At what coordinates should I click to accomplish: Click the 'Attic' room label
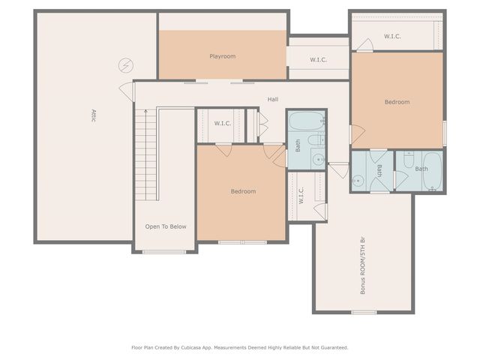(94, 115)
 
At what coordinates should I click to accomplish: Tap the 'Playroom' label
(222, 56)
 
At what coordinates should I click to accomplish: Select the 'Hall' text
(273, 99)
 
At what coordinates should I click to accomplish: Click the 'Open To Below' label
(166, 226)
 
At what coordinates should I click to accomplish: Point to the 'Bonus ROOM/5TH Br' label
(363, 266)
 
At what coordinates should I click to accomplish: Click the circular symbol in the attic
(124, 65)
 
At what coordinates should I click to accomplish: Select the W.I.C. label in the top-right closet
(392, 36)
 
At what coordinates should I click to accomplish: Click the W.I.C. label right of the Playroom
(318, 59)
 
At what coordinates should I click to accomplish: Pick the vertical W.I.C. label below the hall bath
(301, 196)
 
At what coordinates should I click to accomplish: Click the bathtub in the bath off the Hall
(307, 120)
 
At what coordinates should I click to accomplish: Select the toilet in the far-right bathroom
(409, 160)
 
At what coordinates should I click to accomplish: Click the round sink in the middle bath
(358, 180)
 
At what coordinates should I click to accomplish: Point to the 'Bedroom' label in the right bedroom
(397, 102)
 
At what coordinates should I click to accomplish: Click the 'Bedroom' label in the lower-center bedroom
(242, 191)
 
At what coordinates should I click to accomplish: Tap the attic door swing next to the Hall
(125, 89)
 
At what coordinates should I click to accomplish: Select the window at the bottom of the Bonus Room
(363, 312)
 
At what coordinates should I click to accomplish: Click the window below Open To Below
(163, 252)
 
